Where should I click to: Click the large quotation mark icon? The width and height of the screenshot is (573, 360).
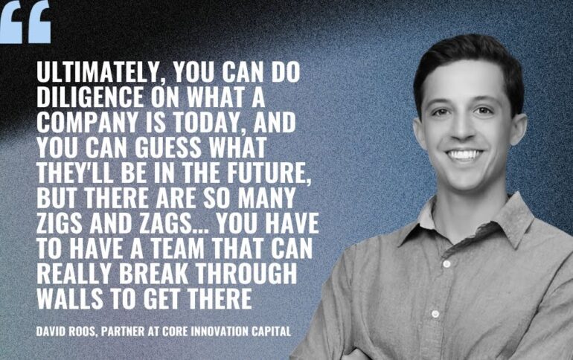click(25, 22)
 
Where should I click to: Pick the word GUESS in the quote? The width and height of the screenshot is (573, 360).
click(167, 147)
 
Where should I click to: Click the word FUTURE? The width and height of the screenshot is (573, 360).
click(269, 174)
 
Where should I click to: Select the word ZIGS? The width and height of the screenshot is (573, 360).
click(60, 223)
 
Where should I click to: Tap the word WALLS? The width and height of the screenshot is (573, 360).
click(70, 299)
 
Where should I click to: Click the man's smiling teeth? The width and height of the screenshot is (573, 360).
click(464, 155)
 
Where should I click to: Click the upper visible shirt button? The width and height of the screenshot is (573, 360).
click(446, 263)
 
